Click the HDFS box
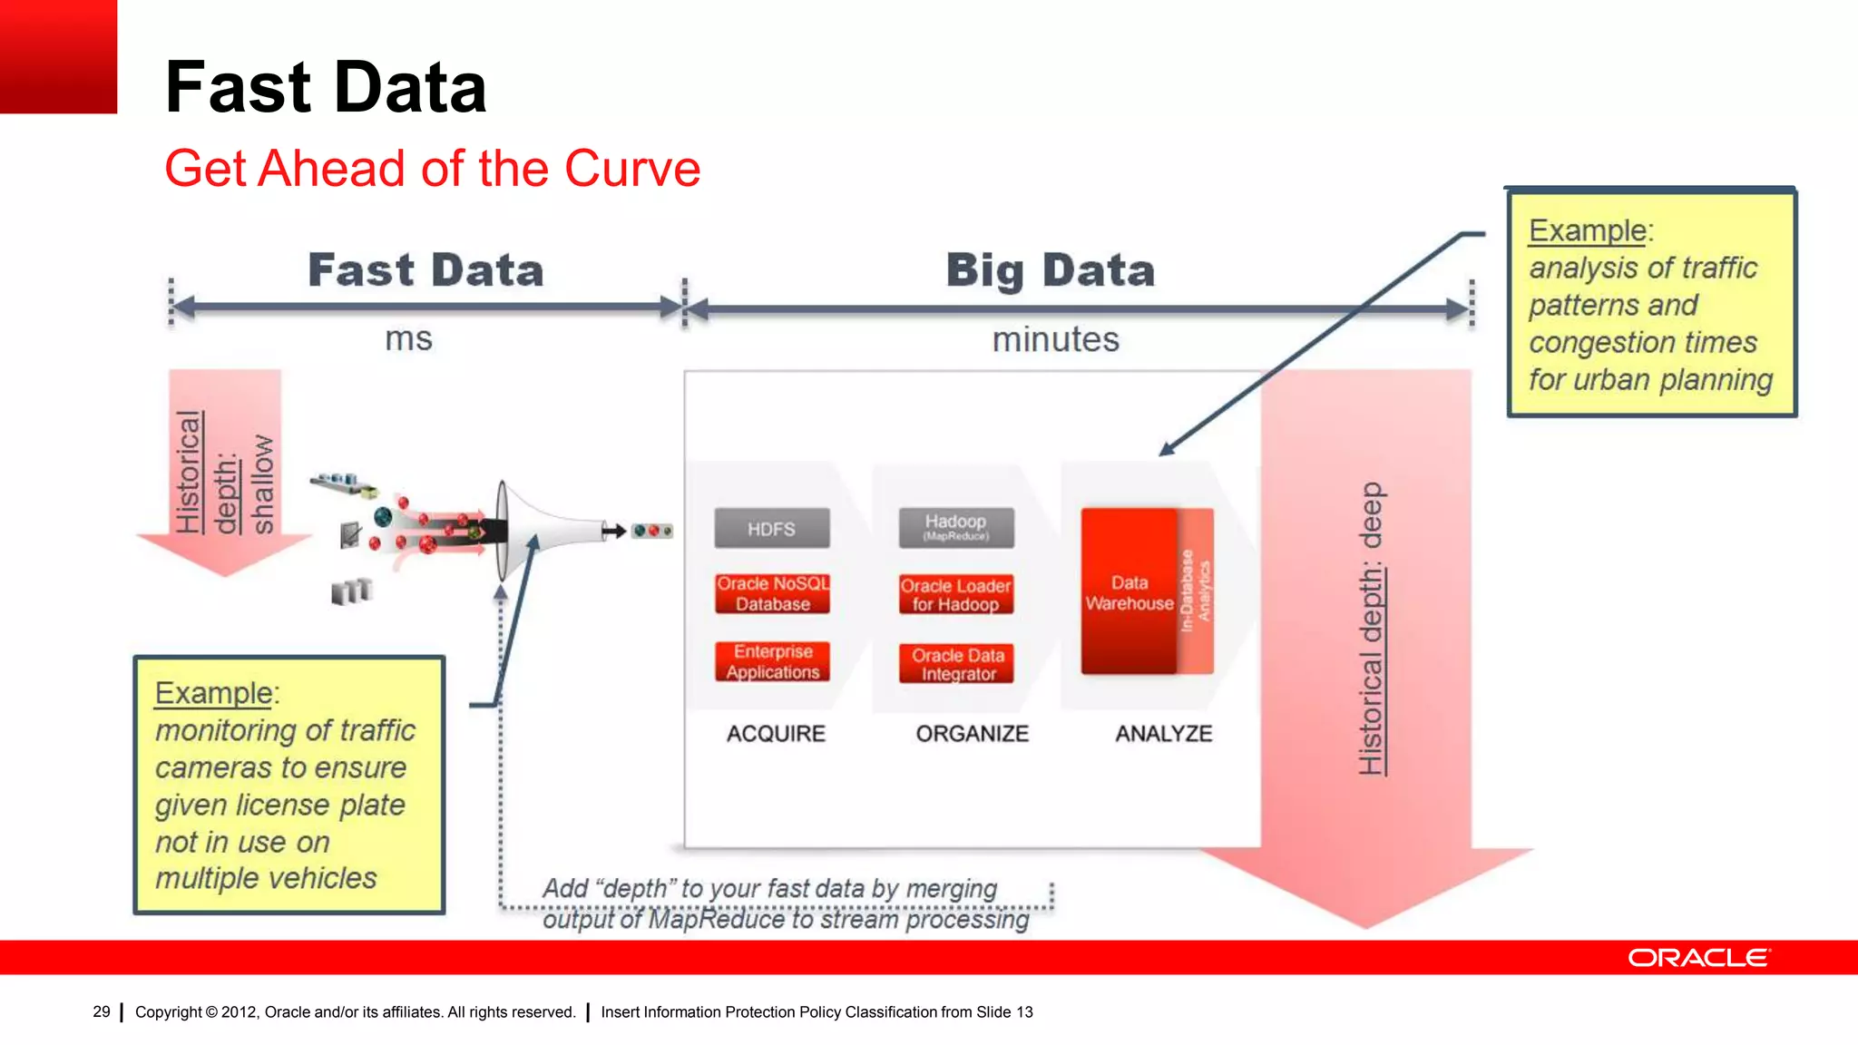(771, 529)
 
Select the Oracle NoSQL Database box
(772, 594)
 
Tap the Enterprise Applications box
(772, 662)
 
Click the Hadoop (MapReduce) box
(955, 527)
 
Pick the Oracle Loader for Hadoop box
(955, 595)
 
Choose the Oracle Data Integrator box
(957, 664)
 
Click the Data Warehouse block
(1129, 592)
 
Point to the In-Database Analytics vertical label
(1195, 591)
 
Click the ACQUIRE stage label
(776, 733)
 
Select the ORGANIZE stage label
(972, 733)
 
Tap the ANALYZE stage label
(1163, 733)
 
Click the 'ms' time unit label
(408, 339)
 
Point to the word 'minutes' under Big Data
(1055, 339)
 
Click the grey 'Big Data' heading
(1050, 270)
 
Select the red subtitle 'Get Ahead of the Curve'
(432, 169)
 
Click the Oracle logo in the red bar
(1697, 958)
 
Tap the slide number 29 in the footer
(101, 1011)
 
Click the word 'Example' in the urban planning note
(1587, 230)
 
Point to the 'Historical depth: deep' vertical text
(1371, 628)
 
